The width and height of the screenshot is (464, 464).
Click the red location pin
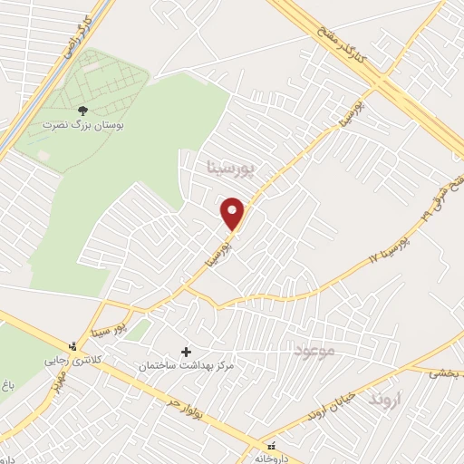click(x=233, y=213)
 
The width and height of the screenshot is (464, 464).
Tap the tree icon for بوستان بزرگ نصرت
click(x=83, y=109)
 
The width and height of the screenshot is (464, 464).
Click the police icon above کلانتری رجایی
click(x=73, y=345)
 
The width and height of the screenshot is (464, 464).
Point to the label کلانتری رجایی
click(x=70, y=359)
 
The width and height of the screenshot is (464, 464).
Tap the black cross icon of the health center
click(x=187, y=351)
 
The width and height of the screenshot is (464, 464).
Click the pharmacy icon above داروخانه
click(x=271, y=444)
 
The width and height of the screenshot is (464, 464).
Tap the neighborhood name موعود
click(x=315, y=350)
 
